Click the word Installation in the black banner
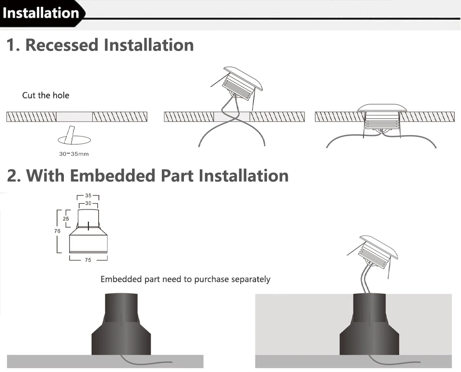tap(41, 13)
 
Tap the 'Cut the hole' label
tap(46, 95)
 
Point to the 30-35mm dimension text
tap(73, 154)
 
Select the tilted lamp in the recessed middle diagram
tap(243, 83)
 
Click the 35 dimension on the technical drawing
tap(88, 196)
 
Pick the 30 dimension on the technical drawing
tap(88, 204)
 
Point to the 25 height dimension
tap(66, 219)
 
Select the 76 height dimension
tap(58, 231)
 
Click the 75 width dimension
tap(88, 260)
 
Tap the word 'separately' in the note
tap(251, 279)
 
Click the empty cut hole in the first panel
tap(74, 117)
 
